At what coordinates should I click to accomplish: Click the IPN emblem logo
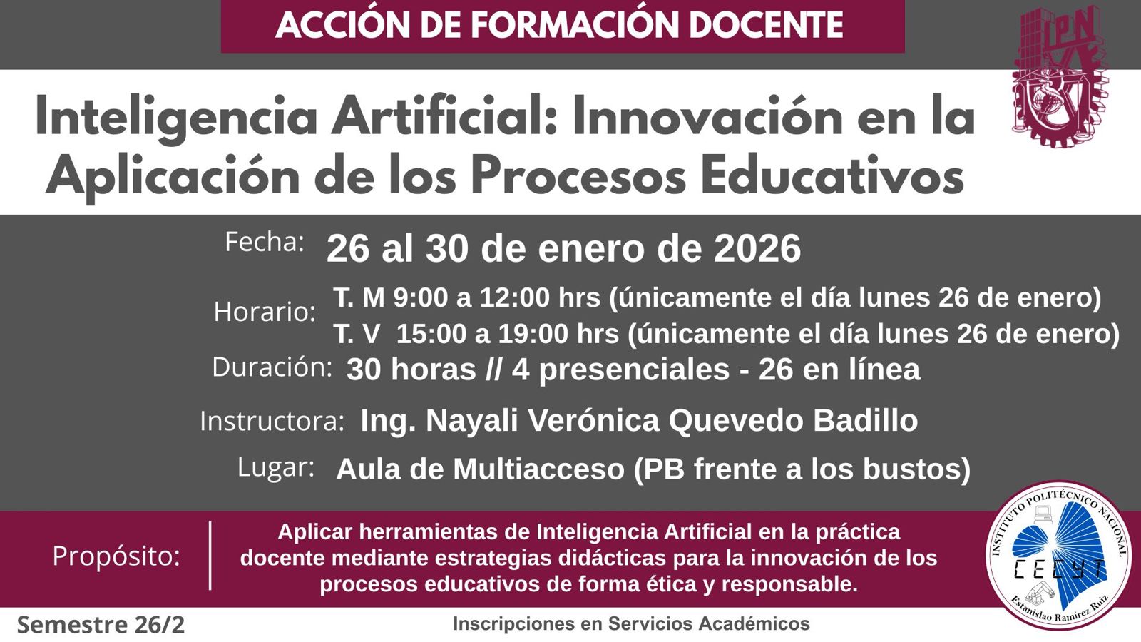tap(1060, 76)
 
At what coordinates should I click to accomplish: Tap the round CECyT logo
tap(1058, 556)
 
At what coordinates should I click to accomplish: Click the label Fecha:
tap(265, 242)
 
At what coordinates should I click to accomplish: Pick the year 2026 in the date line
tap(757, 249)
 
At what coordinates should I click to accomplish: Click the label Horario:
tap(265, 311)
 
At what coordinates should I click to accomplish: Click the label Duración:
tap(272, 367)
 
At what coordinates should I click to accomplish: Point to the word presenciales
tap(634, 370)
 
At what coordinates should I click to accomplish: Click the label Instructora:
tap(272, 421)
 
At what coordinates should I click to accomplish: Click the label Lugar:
tap(275, 468)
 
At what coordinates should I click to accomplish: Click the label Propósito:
tap(116, 556)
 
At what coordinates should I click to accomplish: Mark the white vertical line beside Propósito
tap(210, 556)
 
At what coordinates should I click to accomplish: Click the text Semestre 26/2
tap(101, 625)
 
